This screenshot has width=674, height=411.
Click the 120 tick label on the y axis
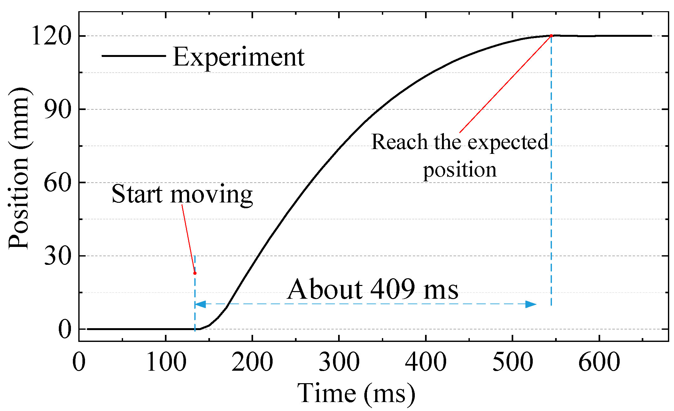pos(51,36)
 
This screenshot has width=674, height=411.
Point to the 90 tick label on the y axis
pos(57,109)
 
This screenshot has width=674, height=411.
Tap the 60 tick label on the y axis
pos(57,183)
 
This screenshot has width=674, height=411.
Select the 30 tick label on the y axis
pos(57,256)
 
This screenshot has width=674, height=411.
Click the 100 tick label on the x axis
pos(166,362)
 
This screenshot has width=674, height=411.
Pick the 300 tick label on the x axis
pos(339,362)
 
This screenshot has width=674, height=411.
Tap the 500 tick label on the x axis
pos(512,362)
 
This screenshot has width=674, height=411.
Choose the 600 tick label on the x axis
pos(599,362)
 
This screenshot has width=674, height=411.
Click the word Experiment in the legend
pos(238,57)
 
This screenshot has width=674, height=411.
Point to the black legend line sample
pos(134,56)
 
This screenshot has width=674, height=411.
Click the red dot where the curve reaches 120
pos(551,36)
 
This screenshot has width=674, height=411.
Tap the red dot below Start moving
pos(195,273)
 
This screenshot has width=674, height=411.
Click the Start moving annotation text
pos(182,194)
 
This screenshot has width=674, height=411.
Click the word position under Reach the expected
pos(460,170)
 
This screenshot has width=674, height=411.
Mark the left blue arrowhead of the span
pos(200,304)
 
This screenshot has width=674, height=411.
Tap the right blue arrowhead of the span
pos(531,304)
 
